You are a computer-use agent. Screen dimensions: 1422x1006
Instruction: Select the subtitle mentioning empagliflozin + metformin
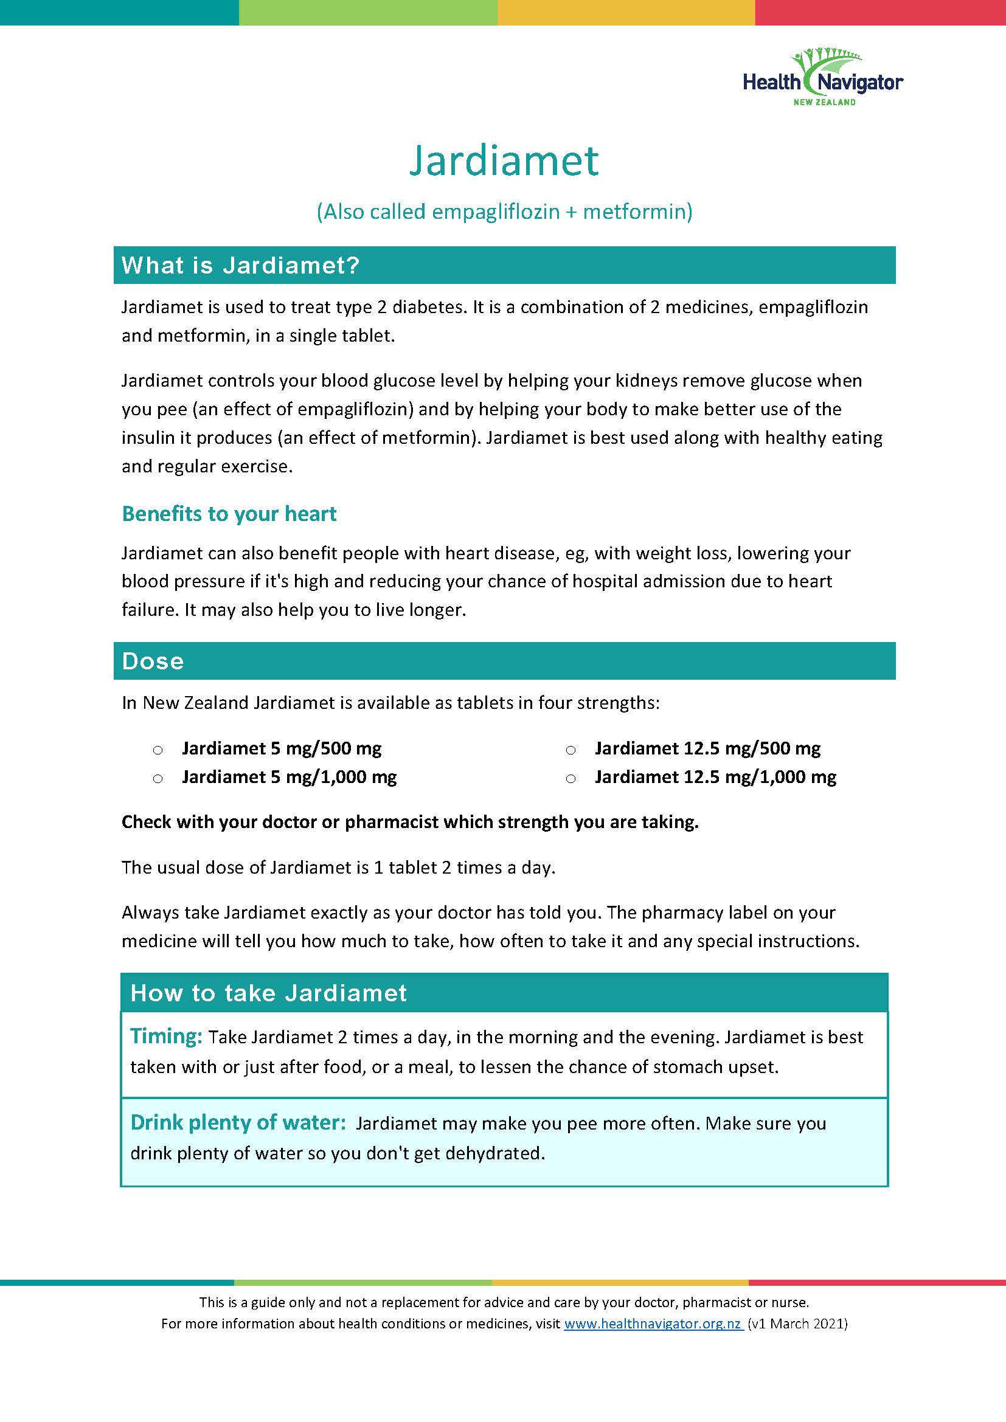click(x=504, y=212)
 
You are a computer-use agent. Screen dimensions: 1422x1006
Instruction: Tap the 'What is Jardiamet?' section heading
click(x=240, y=266)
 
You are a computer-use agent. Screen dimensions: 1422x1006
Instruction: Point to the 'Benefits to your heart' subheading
click(x=229, y=514)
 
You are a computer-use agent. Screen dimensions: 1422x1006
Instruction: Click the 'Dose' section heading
click(x=153, y=661)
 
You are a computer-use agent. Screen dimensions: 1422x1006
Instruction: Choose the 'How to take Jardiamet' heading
click(x=268, y=993)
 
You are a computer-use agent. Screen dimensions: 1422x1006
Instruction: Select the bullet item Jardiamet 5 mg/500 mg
click(x=281, y=748)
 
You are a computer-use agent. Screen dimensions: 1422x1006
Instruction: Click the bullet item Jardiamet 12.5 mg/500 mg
click(x=707, y=748)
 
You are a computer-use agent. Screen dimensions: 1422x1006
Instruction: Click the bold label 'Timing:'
click(x=166, y=1035)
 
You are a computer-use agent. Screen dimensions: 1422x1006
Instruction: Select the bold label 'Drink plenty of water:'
click(x=238, y=1122)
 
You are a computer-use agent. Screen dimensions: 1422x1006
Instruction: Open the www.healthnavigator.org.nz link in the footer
click(x=653, y=1324)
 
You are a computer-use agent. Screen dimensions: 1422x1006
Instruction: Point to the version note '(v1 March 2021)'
click(x=798, y=1324)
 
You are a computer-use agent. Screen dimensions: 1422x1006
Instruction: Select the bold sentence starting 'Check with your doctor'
click(x=409, y=822)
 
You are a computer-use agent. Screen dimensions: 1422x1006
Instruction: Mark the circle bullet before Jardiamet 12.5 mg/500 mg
click(x=571, y=750)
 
